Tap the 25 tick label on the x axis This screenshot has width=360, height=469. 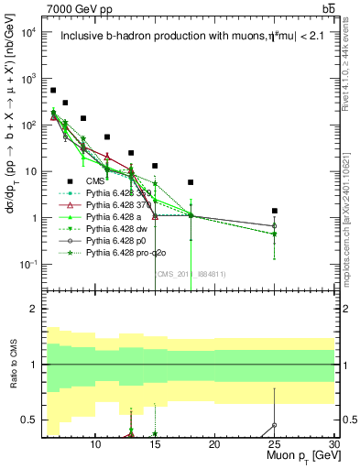[274, 444]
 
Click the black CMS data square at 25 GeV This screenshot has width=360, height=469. [274, 211]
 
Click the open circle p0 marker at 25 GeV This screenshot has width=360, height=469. [274, 225]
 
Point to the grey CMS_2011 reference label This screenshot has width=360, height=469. [192, 273]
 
